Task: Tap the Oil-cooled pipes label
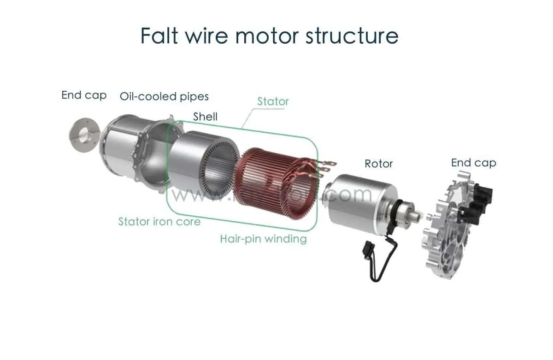[164, 96]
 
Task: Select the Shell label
[205, 117]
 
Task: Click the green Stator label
[273, 101]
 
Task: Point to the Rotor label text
[378, 164]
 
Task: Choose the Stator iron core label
[159, 221]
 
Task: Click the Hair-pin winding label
[263, 239]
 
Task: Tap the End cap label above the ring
[84, 95]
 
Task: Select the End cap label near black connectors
[473, 163]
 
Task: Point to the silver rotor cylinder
[355, 199]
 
